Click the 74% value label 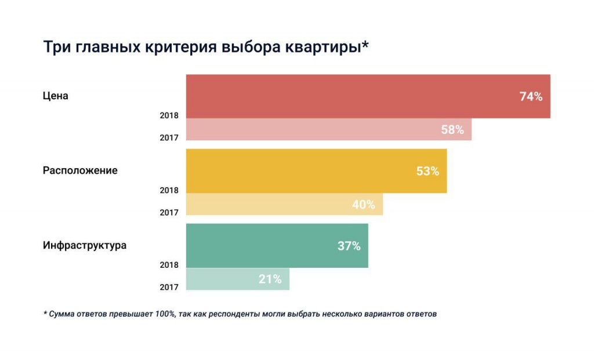click(531, 97)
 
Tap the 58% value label click(452, 130)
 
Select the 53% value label click(428, 172)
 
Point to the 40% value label click(364, 205)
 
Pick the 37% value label click(349, 246)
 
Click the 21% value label click(270, 279)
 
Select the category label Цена click(56, 96)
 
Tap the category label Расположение click(80, 170)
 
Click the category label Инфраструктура click(85, 245)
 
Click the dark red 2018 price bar click(348, 97)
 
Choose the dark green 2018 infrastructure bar click(261, 246)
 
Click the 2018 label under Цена click(169, 115)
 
